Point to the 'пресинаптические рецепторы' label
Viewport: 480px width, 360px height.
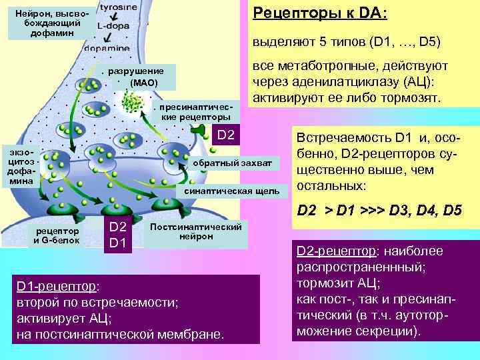click(196, 111)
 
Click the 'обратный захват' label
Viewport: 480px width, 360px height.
click(232, 163)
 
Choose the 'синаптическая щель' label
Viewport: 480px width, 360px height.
click(231, 191)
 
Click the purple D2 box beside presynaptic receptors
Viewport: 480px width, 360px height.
click(226, 136)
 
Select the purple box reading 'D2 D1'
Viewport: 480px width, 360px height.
click(117, 235)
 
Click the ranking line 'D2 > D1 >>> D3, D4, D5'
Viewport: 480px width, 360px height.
click(379, 211)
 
